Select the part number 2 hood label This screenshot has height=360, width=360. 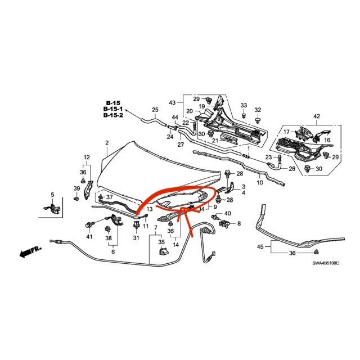click(x=106, y=144)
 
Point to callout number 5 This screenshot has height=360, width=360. click(x=52, y=195)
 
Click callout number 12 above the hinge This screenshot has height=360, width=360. click(x=87, y=157)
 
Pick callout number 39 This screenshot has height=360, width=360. click(x=76, y=188)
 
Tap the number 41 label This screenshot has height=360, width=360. click(x=89, y=237)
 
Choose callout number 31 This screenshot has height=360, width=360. click(x=135, y=238)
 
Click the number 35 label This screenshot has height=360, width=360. click(x=162, y=242)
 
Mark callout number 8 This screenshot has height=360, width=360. click(x=238, y=224)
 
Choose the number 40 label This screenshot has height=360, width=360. click(x=228, y=214)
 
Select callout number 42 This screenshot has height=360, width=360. click(x=317, y=116)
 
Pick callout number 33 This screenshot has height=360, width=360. click(x=244, y=106)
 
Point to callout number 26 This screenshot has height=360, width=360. click(x=291, y=168)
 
